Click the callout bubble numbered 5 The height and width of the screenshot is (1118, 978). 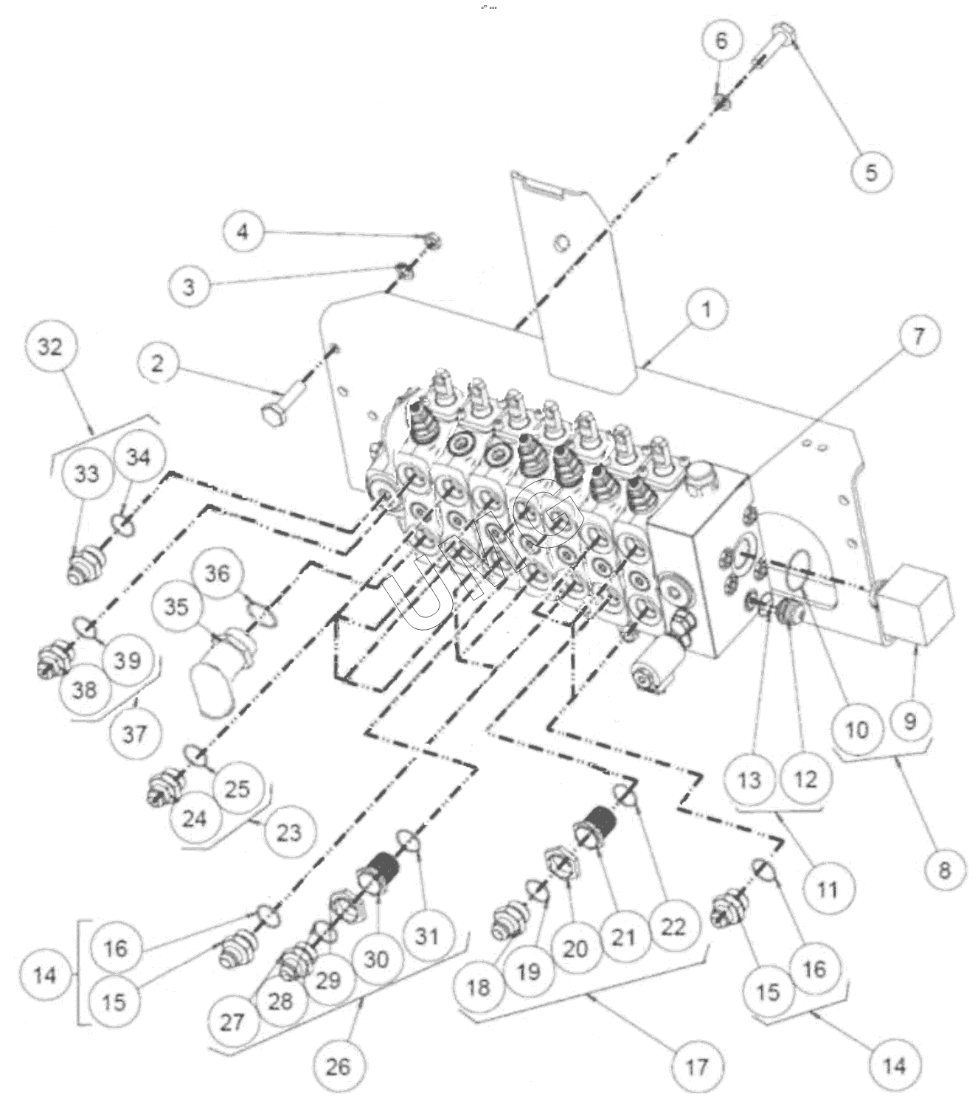click(871, 172)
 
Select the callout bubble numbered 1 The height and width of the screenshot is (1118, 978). click(706, 310)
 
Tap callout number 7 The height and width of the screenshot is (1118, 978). click(918, 337)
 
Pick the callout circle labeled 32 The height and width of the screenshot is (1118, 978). click(50, 346)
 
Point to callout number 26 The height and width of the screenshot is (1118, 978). click(338, 1065)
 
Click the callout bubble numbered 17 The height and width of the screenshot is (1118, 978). click(696, 1065)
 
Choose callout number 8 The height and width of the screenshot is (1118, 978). click(945, 869)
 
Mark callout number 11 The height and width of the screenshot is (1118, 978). click(828, 889)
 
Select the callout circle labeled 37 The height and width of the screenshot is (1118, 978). click(133, 733)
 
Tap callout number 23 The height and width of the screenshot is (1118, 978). click(289, 832)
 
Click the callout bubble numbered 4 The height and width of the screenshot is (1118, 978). click(243, 232)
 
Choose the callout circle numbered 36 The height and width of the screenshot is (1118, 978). click(217, 573)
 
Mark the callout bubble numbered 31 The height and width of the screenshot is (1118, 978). click(427, 937)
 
